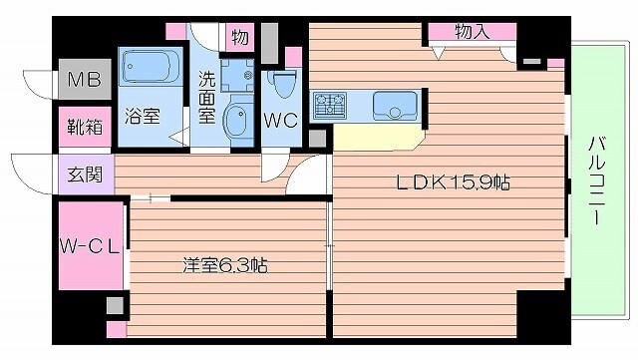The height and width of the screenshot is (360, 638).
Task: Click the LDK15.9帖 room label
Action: [456, 182]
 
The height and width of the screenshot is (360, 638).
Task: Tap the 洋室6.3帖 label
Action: [224, 265]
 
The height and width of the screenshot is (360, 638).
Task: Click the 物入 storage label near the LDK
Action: [472, 32]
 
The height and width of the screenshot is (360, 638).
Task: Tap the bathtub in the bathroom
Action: [151, 69]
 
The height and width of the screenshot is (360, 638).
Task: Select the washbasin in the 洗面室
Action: [239, 123]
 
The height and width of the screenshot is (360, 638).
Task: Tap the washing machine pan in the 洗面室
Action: [237, 73]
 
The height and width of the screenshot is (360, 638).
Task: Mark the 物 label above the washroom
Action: [239, 38]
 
